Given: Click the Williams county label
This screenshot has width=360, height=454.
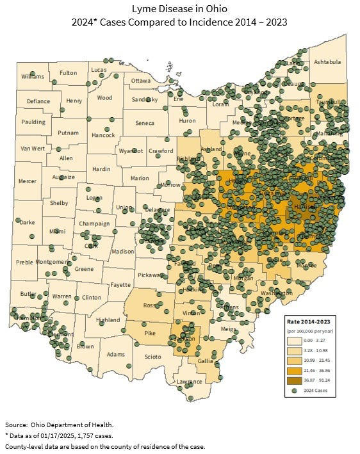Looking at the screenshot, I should pyautogui.click(x=33, y=76).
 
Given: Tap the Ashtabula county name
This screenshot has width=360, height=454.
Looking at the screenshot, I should pyautogui.click(x=327, y=62).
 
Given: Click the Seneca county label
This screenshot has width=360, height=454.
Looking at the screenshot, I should pyautogui.click(x=144, y=123).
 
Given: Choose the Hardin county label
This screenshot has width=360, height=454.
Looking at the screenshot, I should pyautogui.click(x=102, y=169).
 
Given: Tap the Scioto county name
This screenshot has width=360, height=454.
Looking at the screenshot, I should pyautogui.click(x=153, y=356).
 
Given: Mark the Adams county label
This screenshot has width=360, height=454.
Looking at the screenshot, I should pyautogui.click(x=116, y=354).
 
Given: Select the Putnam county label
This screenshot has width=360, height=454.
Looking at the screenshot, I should pyautogui.click(x=68, y=133).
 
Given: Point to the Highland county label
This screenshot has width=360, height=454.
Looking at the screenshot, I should pyautogui.click(x=107, y=320).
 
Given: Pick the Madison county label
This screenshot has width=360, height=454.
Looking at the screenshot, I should pyautogui.click(x=123, y=252).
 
